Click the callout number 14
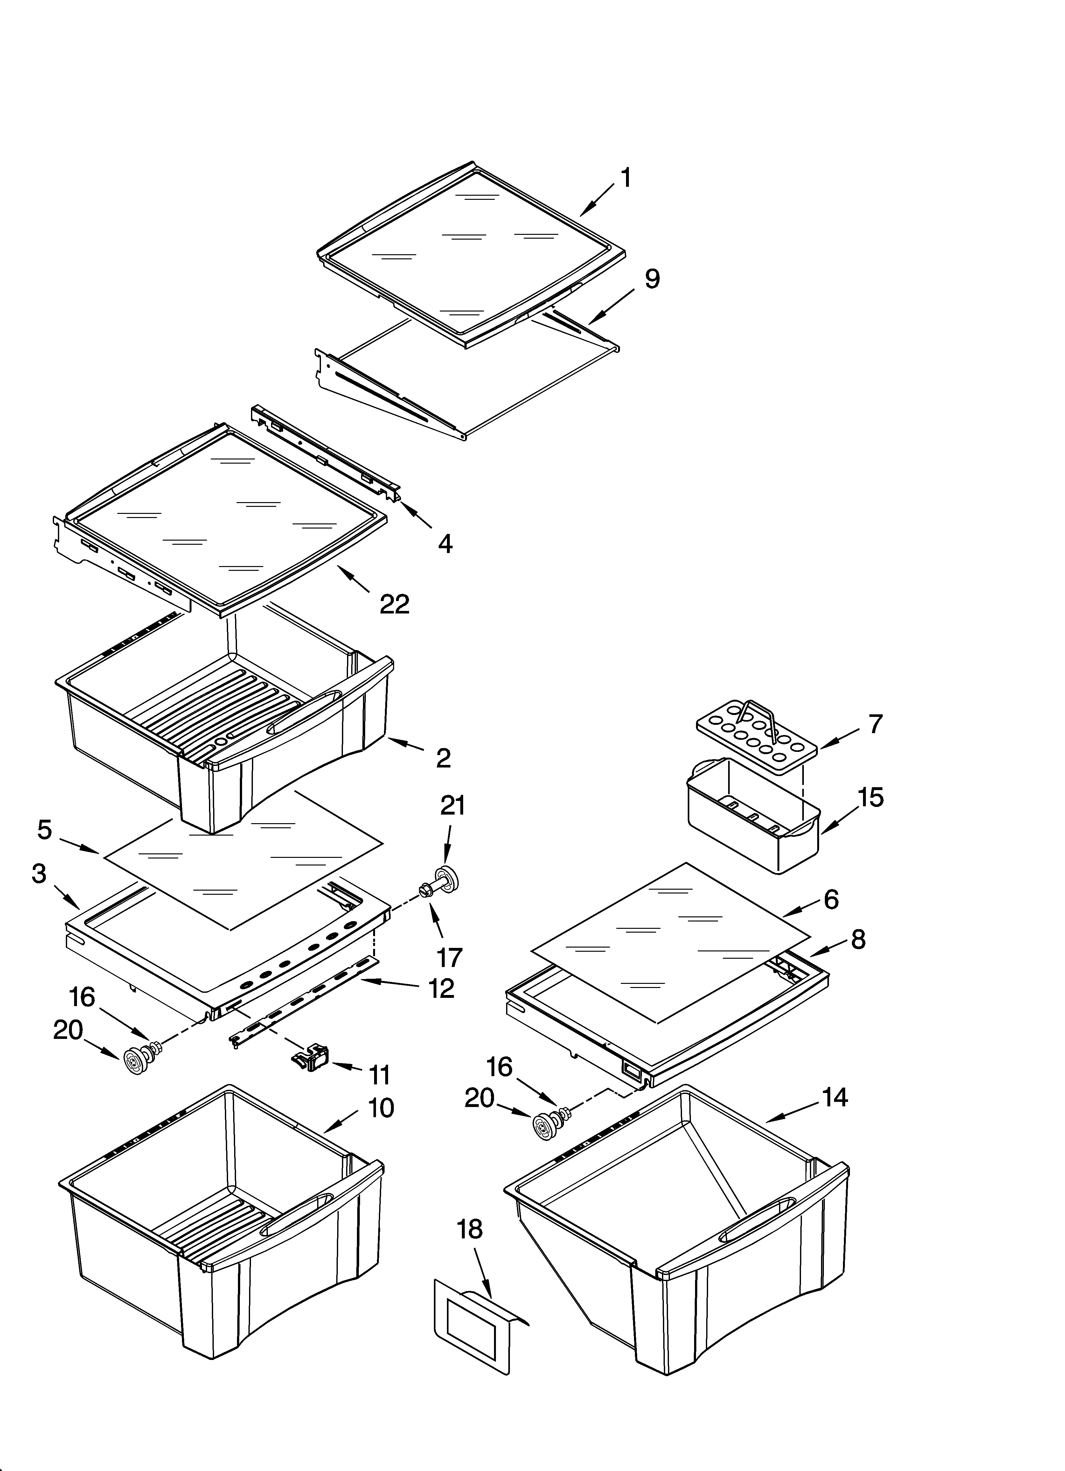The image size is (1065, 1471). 835,1097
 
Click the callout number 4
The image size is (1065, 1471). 445,543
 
